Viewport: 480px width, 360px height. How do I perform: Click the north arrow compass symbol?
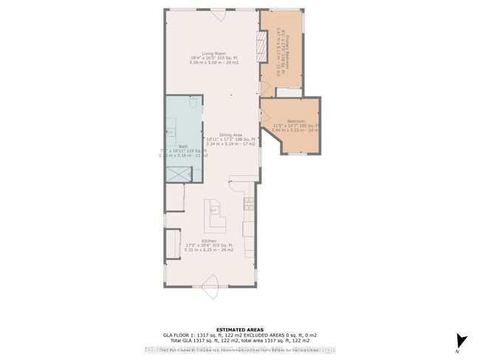pos(462,341)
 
